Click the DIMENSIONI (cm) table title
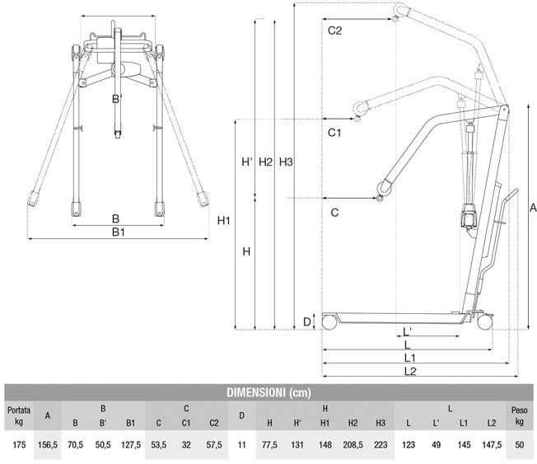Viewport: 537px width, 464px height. (268, 392)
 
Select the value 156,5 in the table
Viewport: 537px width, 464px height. (49, 446)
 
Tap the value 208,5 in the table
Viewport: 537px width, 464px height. (352, 446)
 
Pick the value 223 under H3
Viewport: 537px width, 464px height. (380, 446)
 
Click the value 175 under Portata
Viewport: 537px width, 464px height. (17, 446)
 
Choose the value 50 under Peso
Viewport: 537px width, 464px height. (520, 446)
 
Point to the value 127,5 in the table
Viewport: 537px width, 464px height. (130, 446)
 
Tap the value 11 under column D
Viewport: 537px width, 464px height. (241, 446)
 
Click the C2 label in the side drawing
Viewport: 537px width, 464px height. (334, 31)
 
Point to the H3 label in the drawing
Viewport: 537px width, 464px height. (286, 162)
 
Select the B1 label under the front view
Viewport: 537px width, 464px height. (118, 232)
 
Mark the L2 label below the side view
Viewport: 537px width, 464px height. (410, 372)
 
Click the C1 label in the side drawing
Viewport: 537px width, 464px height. (334, 132)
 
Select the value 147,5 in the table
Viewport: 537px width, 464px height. (492, 446)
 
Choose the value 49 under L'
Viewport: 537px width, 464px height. (436, 446)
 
